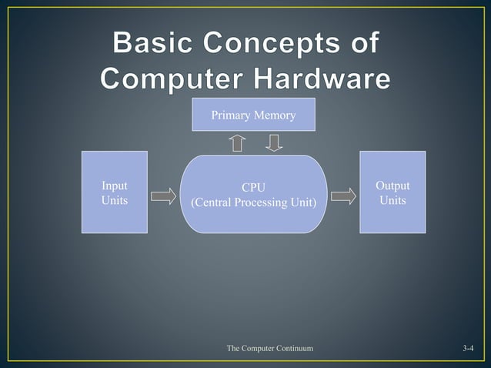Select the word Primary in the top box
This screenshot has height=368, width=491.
(230, 115)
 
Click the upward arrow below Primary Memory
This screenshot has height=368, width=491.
(238, 143)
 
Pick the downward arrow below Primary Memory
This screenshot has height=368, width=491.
(274, 143)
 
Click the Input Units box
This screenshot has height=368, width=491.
(115, 192)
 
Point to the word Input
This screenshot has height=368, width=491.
(115, 186)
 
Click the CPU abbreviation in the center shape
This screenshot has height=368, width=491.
(254, 187)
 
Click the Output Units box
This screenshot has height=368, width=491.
(392, 192)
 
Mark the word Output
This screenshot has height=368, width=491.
(392, 186)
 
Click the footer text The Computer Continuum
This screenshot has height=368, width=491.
(270, 350)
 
